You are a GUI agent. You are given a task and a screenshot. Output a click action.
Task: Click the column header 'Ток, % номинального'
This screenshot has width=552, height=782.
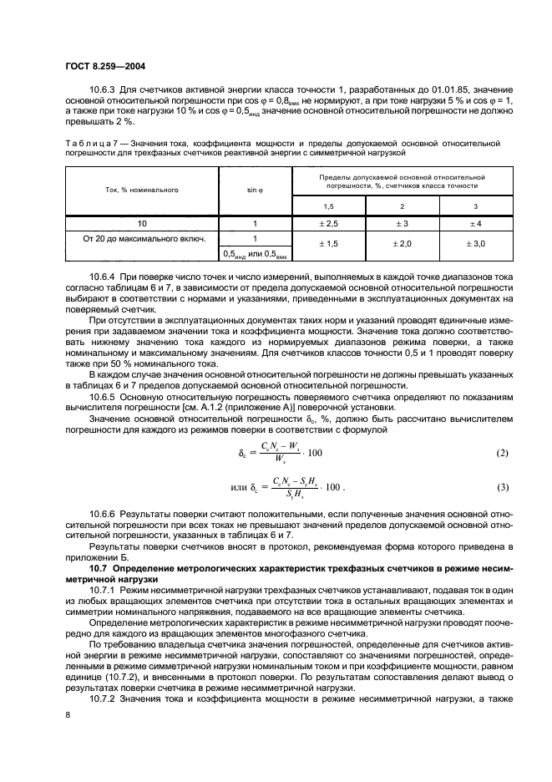tap(142, 190)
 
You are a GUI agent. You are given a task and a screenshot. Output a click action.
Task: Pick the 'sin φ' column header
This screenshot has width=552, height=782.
tap(254, 190)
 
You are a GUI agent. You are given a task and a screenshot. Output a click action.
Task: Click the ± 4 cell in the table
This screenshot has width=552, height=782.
tap(475, 224)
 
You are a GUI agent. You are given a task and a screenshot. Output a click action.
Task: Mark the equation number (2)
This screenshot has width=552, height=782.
tap(502, 453)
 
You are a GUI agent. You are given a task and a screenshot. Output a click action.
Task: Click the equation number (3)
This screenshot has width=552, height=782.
tap(502, 487)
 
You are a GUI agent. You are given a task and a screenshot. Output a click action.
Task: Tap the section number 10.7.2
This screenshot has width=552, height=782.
tap(104, 698)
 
